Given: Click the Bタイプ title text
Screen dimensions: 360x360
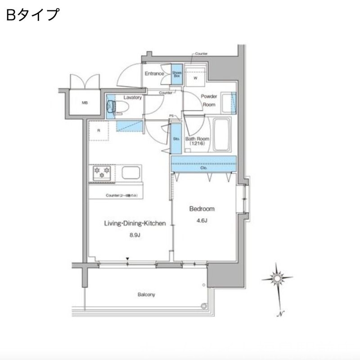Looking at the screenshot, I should tap(32, 14).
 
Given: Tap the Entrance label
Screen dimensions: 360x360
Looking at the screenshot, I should tap(154, 73).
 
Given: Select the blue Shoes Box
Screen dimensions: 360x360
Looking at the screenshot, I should tap(176, 74).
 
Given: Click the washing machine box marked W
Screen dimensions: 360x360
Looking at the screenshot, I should tap(196, 77).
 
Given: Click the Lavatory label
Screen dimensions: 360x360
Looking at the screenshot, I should tap(132, 97).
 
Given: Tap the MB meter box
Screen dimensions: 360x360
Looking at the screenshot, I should tap(85, 103).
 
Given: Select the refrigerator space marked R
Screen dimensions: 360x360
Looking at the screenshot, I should tap(99, 131).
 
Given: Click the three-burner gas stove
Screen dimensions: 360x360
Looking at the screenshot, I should tap(102, 173).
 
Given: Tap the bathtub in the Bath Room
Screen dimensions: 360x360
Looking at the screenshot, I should tap(221, 135).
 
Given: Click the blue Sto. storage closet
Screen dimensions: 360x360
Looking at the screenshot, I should tap(176, 139).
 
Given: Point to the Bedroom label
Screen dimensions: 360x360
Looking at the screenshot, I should tap(202, 209).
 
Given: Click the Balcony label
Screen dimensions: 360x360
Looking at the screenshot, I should tap(146, 295).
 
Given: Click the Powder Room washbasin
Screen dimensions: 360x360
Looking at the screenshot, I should tap(233, 102).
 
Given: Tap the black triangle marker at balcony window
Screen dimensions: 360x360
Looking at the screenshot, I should tap(128, 259).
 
